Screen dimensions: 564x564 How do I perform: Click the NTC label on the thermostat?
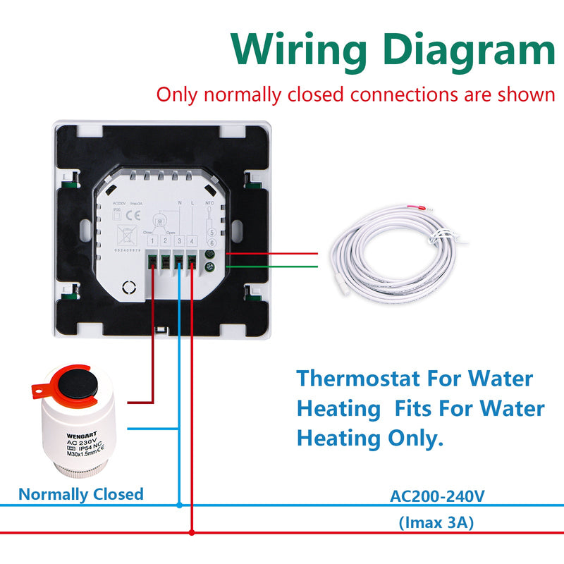(x=209, y=203)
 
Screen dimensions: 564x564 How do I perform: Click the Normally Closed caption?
(x=80, y=494)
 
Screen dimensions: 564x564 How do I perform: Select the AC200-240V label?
(x=437, y=496)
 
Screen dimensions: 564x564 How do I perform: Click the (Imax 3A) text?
(x=436, y=522)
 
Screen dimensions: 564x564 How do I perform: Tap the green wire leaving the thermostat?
(x=268, y=266)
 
